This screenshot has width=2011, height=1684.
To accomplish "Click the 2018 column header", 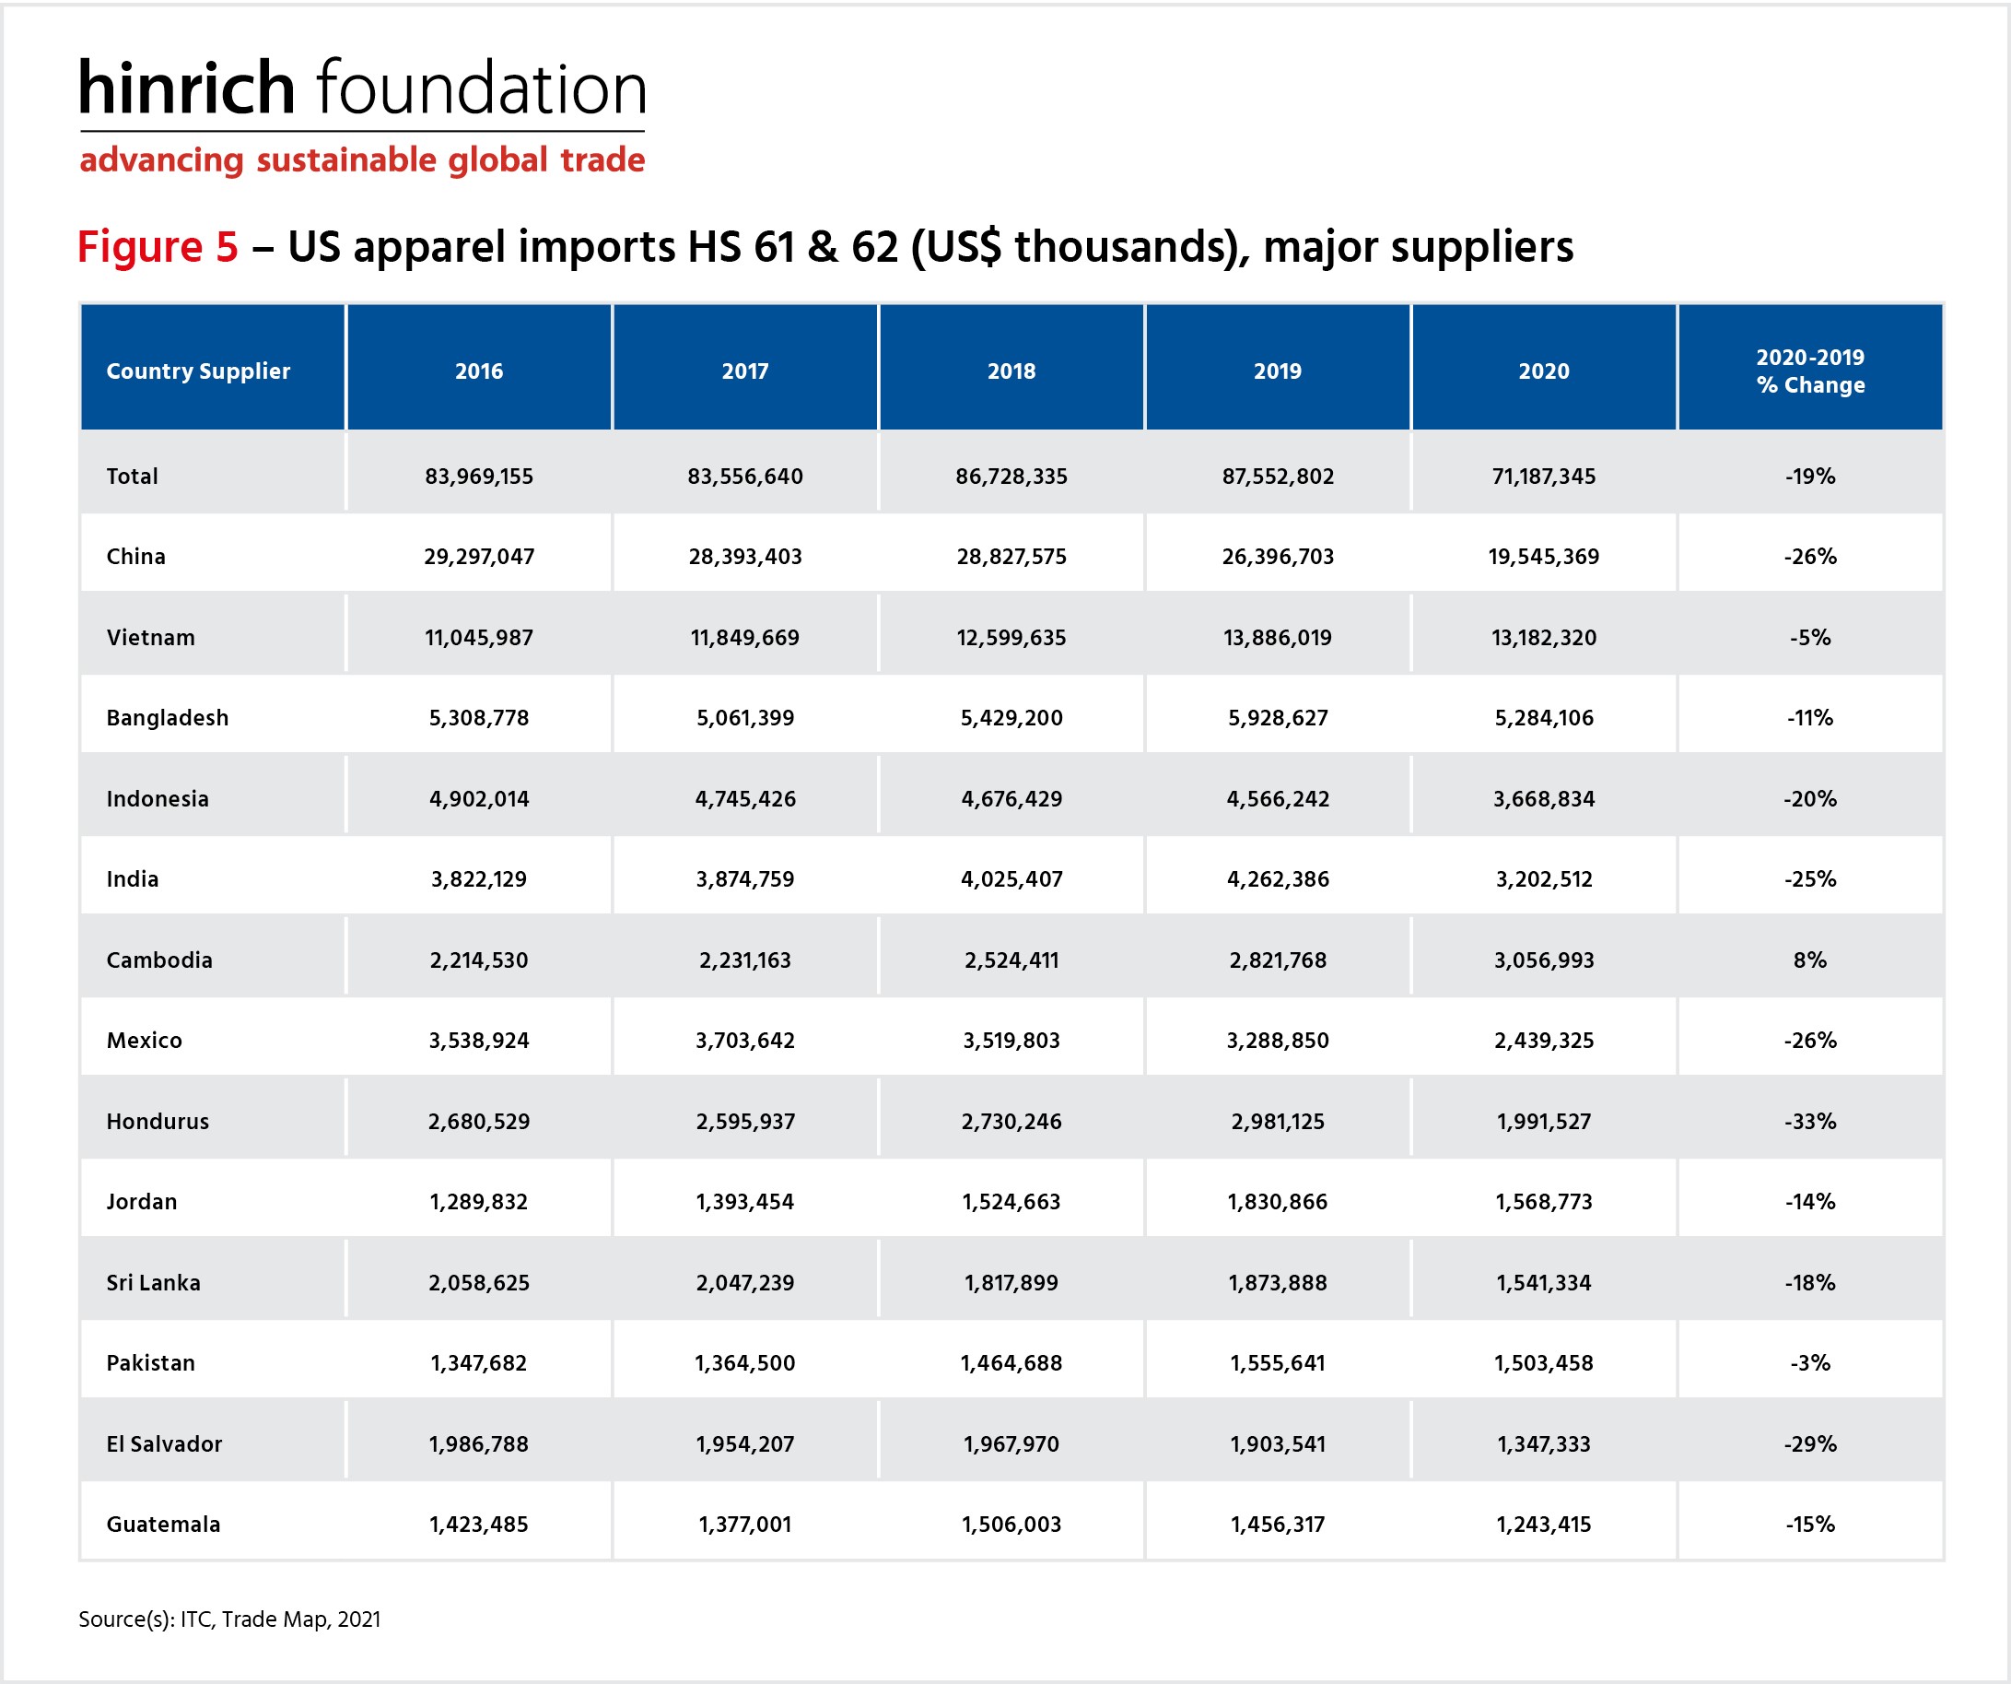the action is pyautogui.click(x=1011, y=371).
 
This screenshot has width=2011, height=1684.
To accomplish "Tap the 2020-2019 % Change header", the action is pyautogui.click(x=1810, y=371).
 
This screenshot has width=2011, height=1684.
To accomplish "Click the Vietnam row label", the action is pyautogui.click(x=150, y=637).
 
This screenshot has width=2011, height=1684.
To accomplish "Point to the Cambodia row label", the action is pyautogui.click(x=159, y=960).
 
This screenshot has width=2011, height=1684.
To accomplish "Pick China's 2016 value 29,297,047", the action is pyautogui.click(x=479, y=557).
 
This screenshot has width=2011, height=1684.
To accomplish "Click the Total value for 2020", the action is pyautogui.click(x=1544, y=477).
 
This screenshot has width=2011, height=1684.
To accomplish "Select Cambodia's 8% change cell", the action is pyautogui.click(x=1810, y=960).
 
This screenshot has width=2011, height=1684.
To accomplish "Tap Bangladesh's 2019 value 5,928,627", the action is pyautogui.click(x=1278, y=717).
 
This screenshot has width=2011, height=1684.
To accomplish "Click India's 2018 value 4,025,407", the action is pyautogui.click(x=1011, y=879).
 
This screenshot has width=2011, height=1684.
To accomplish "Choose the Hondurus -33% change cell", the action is pyautogui.click(x=1810, y=1121).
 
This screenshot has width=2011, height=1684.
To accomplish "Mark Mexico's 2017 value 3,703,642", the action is pyautogui.click(x=745, y=1041).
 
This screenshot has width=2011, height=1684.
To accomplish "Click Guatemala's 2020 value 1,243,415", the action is pyautogui.click(x=1544, y=1524).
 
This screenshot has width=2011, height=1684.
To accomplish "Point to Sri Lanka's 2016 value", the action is pyautogui.click(x=479, y=1283).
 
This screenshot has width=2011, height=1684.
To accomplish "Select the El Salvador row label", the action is pyautogui.click(x=164, y=1443).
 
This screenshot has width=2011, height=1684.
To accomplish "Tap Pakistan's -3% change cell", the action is pyautogui.click(x=1810, y=1363).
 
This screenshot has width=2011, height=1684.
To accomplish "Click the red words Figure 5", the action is pyautogui.click(x=157, y=246).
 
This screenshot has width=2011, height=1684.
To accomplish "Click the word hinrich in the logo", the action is pyautogui.click(x=186, y=88).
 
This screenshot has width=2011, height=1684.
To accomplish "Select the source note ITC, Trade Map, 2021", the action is pyautogui.click(x=280, y=1619).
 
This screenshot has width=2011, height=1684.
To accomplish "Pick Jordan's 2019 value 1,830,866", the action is pyautogui.click(x=1278, y=1201).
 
